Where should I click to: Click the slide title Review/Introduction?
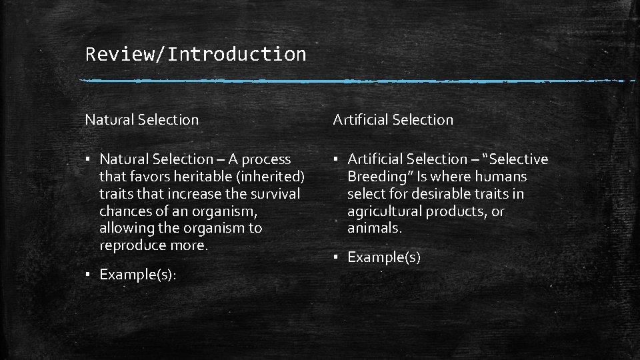(195, 54)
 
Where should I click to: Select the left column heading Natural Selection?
(141, 120)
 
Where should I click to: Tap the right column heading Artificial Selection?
(393, 120)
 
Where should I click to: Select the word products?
(457, 211)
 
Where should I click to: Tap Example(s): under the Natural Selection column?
(138, 275)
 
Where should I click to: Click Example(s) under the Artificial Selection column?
(384, 257)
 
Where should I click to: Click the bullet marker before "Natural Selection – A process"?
(88, 159)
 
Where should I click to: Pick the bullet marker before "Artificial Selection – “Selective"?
(336, 159)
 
